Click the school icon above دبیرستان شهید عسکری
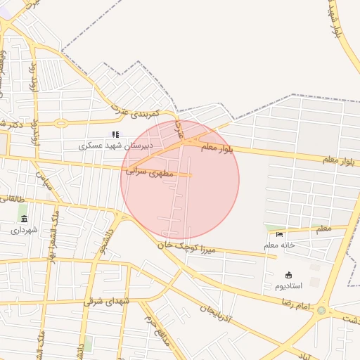click(x=116, y=134)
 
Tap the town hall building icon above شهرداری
click(x=24, y=219)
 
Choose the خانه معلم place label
click(x=278, y=245)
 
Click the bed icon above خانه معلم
click(x=280, y=234)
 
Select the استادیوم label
click(x=289, y=286)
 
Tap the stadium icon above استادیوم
click(x=289, y=275)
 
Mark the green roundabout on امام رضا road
click(x=321, y=310)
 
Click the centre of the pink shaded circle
click(x=180, y=180)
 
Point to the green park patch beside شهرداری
click(x=24, y=209)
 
